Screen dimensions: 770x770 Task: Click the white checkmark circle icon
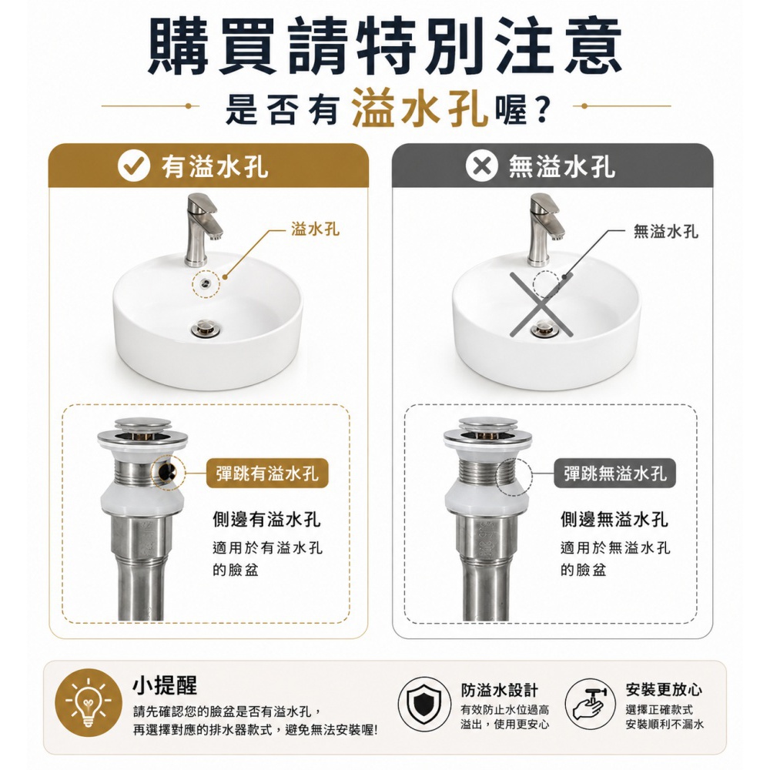tap(133, 166)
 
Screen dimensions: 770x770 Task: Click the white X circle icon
tap(481, 166)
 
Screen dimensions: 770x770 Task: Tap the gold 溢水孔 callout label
tap(315, 229)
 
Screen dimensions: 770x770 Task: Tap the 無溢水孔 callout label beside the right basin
tap(665, 231)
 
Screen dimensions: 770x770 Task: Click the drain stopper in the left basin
tap(206, 327)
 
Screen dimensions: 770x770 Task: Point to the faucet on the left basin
tap(203, 229)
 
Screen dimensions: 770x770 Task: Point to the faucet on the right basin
tap(545, 229)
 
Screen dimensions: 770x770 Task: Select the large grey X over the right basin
tap(541, 304)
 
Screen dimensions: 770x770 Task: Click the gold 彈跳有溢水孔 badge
tap(267, 474)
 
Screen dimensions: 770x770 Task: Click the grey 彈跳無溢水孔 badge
tap(614, 474)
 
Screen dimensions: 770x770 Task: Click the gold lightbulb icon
tap(89, 702)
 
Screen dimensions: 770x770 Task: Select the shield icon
tap(423, 705)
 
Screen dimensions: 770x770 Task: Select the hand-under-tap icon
tap(590, 705)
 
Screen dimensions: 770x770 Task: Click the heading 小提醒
tap(165, 685)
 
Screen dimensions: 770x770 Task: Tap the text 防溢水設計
tap(500, 690)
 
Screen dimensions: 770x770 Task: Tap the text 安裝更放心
tap(664, 689)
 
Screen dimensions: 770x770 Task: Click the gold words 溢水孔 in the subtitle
tap(420, 108)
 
